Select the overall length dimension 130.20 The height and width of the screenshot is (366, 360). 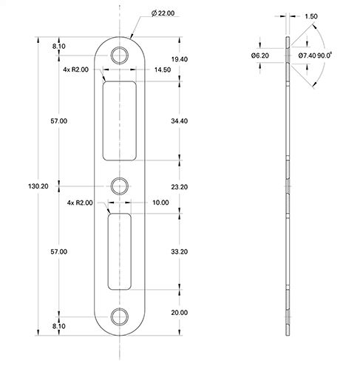coord(35,186)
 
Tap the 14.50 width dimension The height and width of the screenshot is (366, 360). coord(163,70)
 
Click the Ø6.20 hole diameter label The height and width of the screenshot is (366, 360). coord(259,55)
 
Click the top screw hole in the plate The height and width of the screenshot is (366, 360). coord(119,55)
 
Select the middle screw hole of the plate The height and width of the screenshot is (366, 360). coord(119,184)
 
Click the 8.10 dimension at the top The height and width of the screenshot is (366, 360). coord(59,45)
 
